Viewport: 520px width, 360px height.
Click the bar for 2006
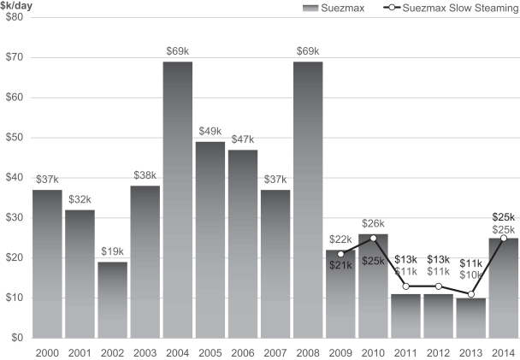click(x=242, y=244)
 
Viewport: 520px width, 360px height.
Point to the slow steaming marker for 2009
click(x=340, y=254)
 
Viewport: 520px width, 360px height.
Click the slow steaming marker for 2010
click(x=373, y=238)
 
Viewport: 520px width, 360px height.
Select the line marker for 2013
click(x=471, y=293)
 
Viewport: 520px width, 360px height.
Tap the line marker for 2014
click(x=504, y=238)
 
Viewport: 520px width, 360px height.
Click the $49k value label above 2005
click(x=210, y=131)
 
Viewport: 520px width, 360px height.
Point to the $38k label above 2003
click(x=145, y=175)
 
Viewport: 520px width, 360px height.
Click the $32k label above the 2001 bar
click(x=80, y=199)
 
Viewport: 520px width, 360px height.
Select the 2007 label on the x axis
click(x=275, y=351)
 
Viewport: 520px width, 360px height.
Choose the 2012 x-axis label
click(x=438, y=351)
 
